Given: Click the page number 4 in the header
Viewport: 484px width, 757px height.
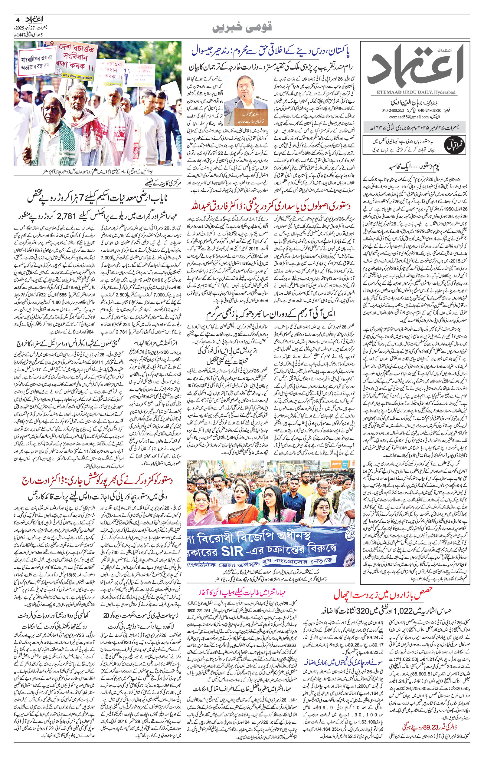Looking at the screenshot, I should click(18, 19).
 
